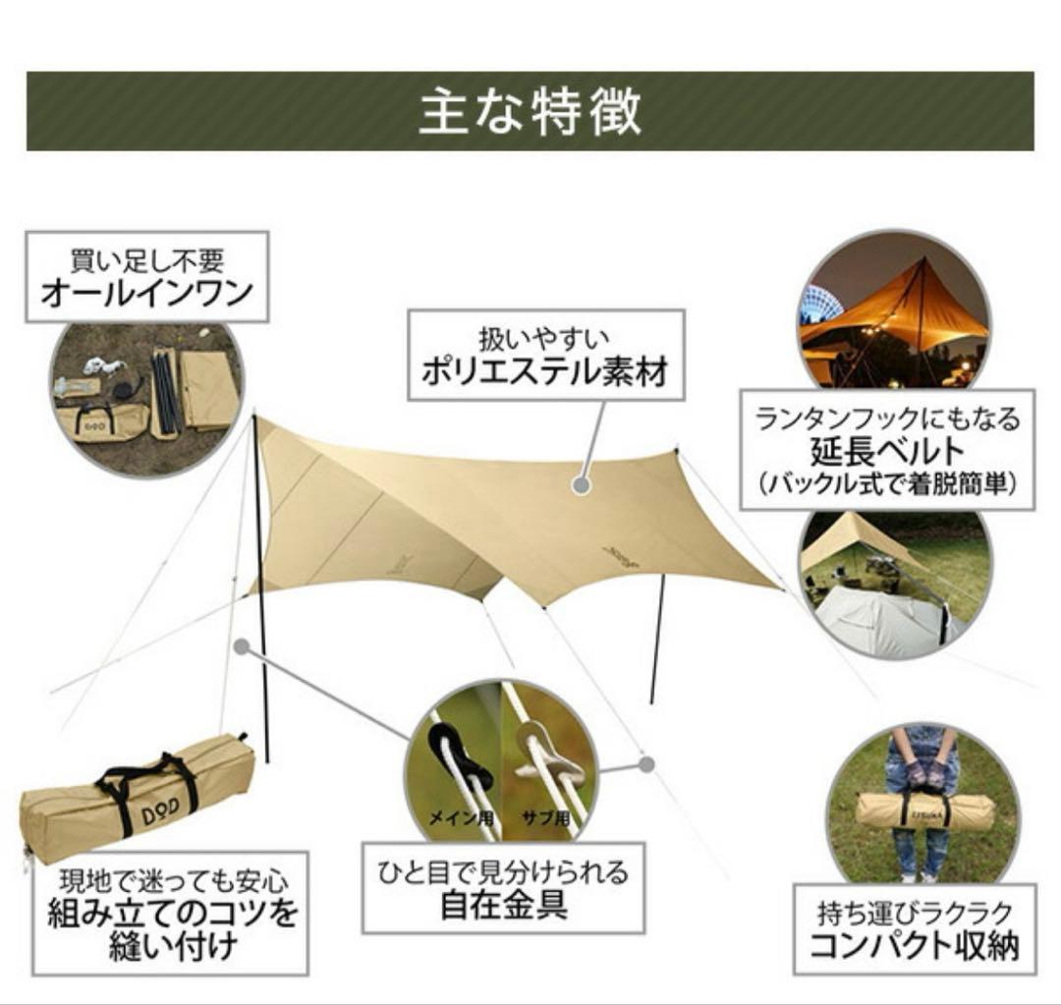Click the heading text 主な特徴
tap(530, 111)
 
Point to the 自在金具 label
tap(503, 904)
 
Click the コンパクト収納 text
tap(914, 946)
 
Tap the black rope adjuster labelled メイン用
tap(460, 761)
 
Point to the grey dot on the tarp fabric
tap(582, 484)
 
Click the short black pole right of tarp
tap(656, 639)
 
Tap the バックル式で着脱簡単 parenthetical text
tap(886, 485)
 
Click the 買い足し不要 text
tap(146, 261)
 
